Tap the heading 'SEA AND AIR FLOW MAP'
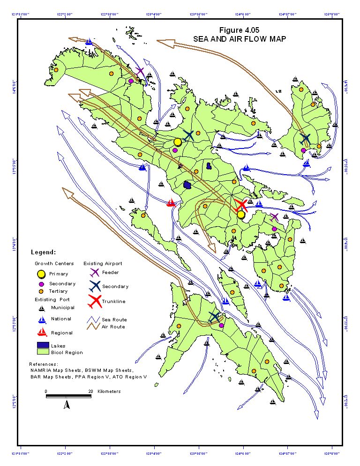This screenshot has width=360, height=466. click(239, 39)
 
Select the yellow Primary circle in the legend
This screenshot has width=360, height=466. click(41, 274)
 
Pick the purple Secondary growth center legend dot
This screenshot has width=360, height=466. click(41, 284)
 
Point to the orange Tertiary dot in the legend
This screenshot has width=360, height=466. click(41, 291)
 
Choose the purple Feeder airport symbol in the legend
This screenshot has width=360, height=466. click(94, 272)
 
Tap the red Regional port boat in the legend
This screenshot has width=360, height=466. click(42, 333)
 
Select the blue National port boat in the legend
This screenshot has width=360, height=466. click(42, 319)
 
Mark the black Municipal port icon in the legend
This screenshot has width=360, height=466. click(42, 308)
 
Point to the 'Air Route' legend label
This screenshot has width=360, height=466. click(114, 326)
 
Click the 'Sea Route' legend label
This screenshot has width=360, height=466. click(114, 319)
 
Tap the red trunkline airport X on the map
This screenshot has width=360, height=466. click(241, 205)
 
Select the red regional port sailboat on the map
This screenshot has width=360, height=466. click(171, 203)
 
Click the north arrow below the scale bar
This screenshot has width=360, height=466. click(67, 404)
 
